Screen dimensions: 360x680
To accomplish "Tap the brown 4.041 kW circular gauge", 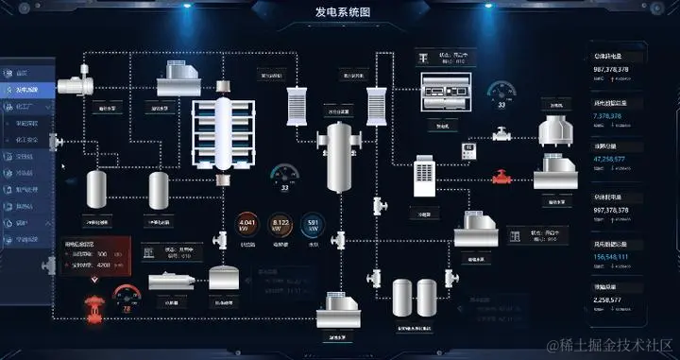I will point(248,225).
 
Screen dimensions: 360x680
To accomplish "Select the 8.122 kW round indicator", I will point(280,225).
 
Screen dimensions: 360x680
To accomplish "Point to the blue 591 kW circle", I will point(314,225).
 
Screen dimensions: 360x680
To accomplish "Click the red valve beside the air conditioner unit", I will point(501,176).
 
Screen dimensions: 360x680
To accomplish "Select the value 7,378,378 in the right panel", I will point(607,116).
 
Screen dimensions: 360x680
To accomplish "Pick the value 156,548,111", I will point(611,256).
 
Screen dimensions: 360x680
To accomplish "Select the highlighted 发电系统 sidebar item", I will point(28,90).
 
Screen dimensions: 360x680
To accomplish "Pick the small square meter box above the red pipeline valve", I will point(468,150).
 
